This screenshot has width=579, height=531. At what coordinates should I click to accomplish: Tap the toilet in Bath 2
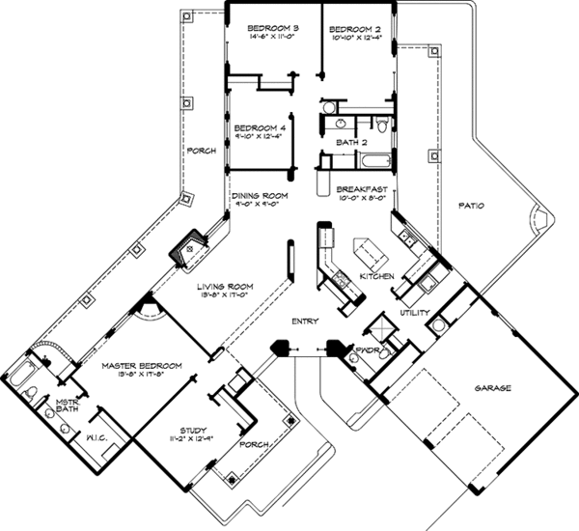point(383,124)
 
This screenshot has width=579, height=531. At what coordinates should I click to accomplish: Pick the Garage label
point(491,388)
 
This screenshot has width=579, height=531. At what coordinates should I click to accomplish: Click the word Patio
point(470,206)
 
